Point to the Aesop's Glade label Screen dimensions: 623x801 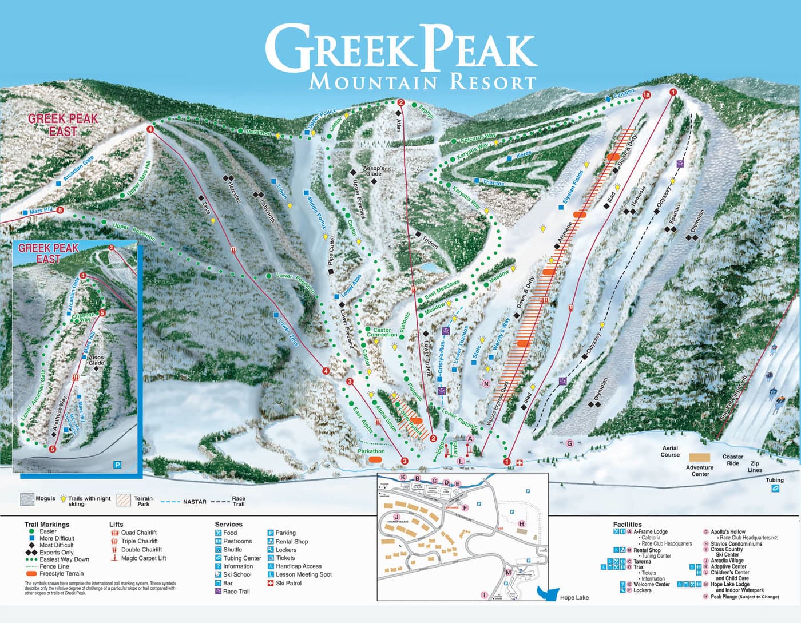pos(374,171)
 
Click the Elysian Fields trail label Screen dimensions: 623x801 pos(573,186)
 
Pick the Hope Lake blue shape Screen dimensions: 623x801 pos(548,593)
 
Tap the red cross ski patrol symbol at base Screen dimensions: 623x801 pos(520,462)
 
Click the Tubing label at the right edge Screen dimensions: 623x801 pos(775,481)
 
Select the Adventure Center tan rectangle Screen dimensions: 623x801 pos(699,458)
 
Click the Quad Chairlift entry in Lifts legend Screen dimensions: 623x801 pos(138,533)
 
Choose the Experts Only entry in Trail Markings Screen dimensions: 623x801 pos(56,553)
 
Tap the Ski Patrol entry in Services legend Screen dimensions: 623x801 pos(288,583)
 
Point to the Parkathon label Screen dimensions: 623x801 pos(371,451)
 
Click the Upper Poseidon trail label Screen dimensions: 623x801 pos(134,231)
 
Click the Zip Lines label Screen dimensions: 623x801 pos(755,467)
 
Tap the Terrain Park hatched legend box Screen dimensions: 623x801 pos(124,500)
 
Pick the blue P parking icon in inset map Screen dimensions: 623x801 pos(117,465)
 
